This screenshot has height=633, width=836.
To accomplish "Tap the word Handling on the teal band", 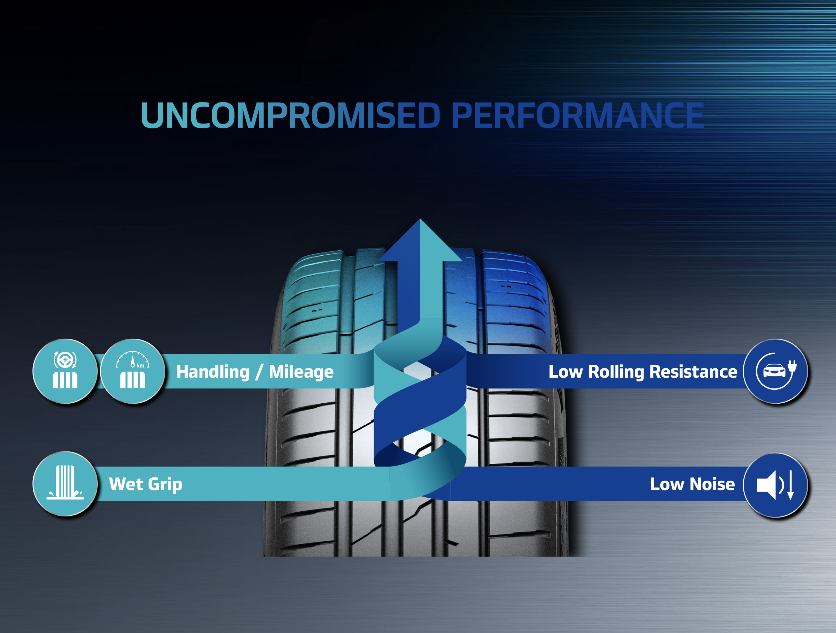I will [213, 372].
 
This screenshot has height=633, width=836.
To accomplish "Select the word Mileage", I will [301, 372].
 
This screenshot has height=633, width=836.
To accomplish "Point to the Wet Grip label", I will [146, 484].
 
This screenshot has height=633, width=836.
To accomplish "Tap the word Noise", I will [712, 484].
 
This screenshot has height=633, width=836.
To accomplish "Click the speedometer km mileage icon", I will [133, 371].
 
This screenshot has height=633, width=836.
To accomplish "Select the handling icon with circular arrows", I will [65, 371].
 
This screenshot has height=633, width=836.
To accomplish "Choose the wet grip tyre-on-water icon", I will [65, 484].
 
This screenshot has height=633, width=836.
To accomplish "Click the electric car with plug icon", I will [775, 371].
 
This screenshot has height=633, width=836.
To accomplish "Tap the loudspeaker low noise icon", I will [775, 485].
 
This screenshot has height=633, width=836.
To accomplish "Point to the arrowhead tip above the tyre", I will [420, 221].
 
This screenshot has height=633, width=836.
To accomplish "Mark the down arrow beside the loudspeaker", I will [790, 485].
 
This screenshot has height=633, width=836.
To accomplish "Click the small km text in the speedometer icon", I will [140, 366].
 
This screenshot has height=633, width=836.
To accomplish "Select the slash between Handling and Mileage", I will [259, 372].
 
